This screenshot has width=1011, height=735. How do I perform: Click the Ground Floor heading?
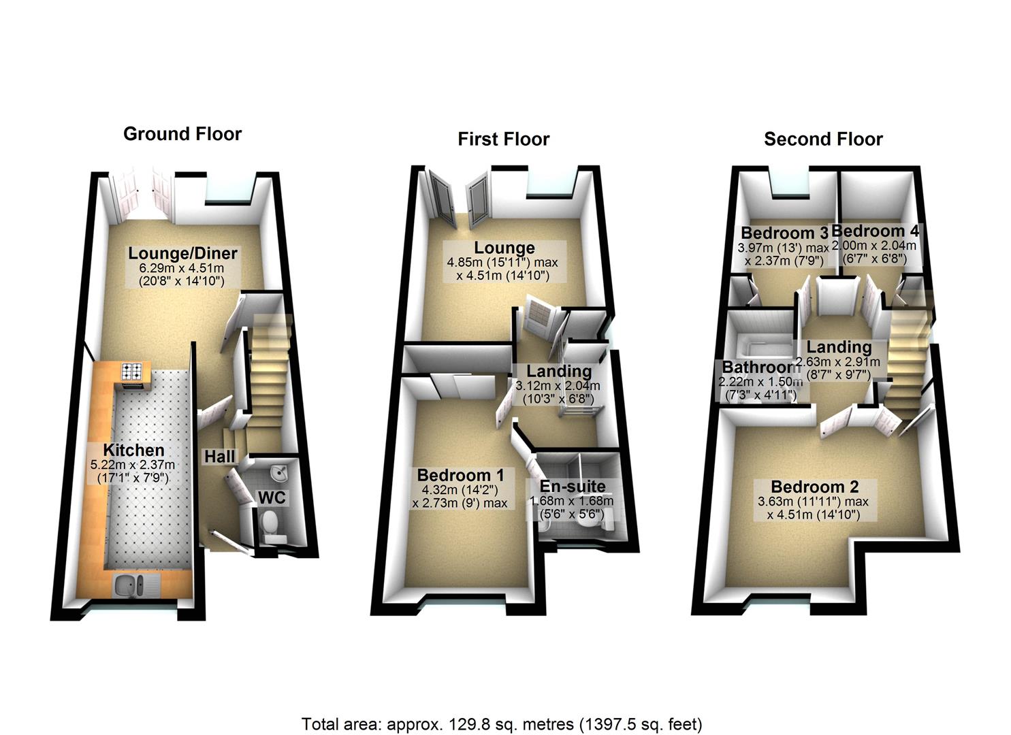coord(182,133)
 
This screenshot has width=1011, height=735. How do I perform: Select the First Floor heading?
coord(503,140)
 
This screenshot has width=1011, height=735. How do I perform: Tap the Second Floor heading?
coord(823,140)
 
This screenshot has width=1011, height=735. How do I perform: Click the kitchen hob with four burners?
coord(132,372)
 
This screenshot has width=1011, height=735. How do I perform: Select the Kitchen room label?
coord(133,450)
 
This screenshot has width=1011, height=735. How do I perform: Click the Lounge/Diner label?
coord(183,254)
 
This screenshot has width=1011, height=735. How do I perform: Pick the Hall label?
coord(219,457)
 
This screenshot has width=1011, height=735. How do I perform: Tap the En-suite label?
coord(572,487)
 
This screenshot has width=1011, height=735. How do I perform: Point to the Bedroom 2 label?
coord(814,487)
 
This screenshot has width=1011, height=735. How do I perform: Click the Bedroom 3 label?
coord(784,233)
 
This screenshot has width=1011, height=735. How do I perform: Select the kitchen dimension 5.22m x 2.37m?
coord(133,465)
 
